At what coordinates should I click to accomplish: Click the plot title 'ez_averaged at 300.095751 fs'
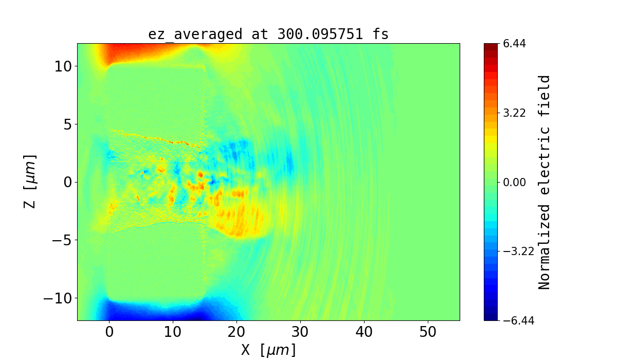(268, 34)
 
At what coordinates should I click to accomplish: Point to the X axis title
(268, 350)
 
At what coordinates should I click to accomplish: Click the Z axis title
(30, 181)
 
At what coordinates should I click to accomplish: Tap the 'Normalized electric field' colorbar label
(545, 182)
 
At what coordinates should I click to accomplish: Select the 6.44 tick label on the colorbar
(514, 44)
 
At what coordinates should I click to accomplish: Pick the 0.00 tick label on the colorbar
(514, 182)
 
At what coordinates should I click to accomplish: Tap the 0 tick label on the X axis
(109, 333)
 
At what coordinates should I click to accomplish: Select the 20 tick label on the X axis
(237, 333)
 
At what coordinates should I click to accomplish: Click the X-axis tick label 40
(364, 333)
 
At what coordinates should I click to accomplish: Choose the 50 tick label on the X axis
(428, 333)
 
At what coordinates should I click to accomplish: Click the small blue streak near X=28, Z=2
(291, 164)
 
